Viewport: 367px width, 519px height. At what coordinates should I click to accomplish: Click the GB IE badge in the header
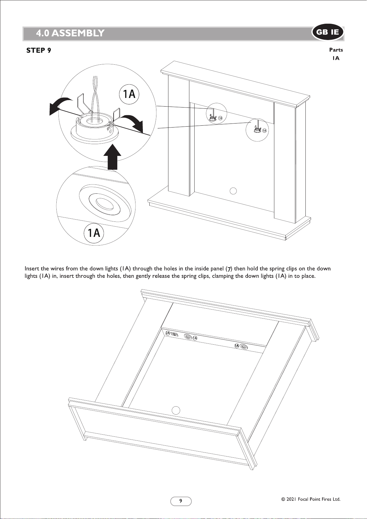coord(328,32)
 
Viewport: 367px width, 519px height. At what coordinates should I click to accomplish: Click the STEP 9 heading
coord(39,51)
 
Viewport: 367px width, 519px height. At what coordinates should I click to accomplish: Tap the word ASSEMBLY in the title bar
coord(78,33)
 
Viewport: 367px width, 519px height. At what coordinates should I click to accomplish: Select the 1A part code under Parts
coord(336,58)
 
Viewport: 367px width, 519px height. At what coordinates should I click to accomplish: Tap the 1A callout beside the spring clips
coord(129,94)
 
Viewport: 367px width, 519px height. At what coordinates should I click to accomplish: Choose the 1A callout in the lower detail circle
coord(94,233)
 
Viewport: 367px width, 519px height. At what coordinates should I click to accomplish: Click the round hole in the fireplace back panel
coord(233,191)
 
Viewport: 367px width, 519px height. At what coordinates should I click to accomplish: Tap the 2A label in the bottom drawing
coord(168,333)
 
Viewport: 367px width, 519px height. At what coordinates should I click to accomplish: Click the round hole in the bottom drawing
coord(176,410)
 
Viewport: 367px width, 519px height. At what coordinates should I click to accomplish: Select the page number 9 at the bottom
coord(181,501)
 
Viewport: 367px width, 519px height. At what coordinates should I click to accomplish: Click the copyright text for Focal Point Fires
coord(311,499)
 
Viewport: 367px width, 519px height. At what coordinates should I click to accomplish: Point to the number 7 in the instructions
coord(229,269)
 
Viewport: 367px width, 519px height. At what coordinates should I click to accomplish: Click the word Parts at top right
coord(336,50)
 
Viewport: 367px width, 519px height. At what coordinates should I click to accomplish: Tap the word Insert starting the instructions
coord(32,269)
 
